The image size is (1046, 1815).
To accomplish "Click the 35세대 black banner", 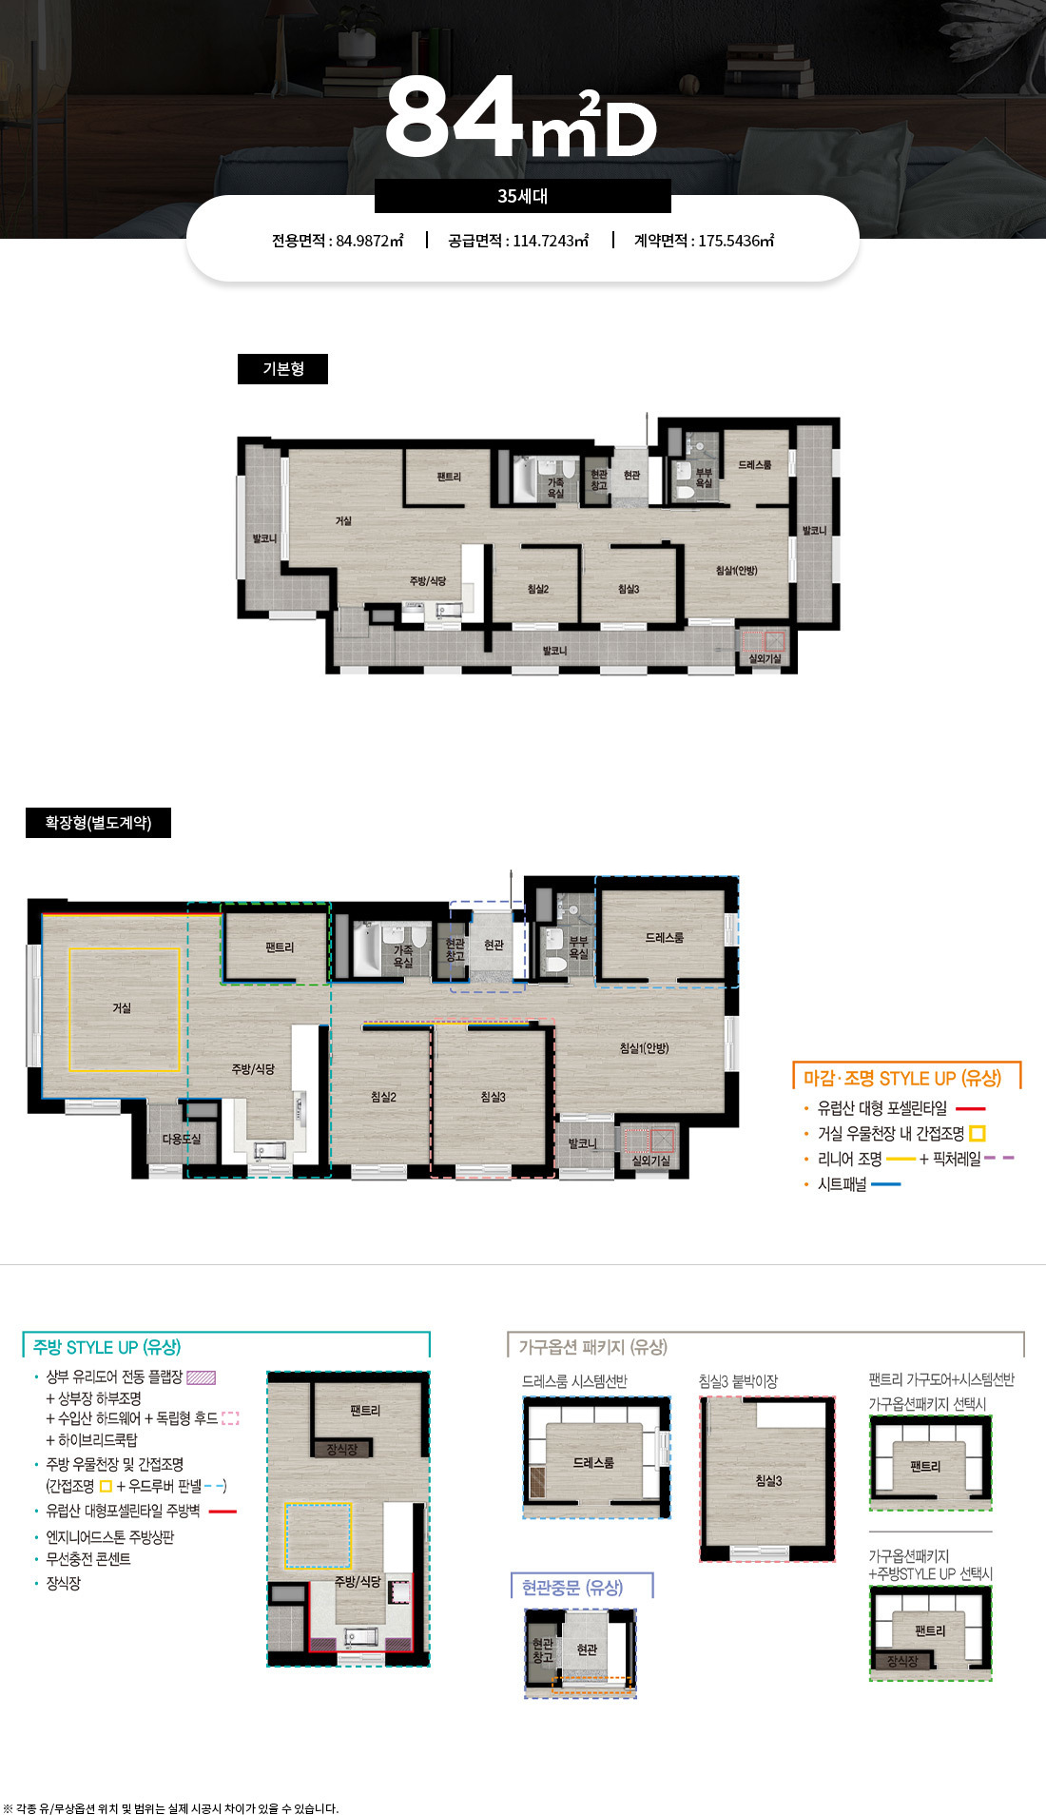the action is click(522, 196).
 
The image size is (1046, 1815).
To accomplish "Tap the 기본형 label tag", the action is click(282, 369).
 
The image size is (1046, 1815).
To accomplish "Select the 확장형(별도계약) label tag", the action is click(98, 823).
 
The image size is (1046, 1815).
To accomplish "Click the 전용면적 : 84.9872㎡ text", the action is click(338, 241).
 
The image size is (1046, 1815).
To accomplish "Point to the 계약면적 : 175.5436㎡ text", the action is click(705, 241).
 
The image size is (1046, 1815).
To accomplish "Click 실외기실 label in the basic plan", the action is click(765, 658).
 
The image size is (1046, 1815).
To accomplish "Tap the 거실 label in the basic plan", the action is click(343, 520).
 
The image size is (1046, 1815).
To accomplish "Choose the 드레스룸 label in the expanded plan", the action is click(664, 937).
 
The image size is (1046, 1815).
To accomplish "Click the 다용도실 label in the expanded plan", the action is click(181, 1139).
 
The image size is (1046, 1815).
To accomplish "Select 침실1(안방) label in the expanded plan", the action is click(644, 1047).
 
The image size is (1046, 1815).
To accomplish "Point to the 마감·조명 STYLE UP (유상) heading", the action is click(902, 1078).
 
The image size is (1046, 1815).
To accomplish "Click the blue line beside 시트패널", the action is click(885, 1184).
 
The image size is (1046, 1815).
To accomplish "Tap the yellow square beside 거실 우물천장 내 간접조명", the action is click(978, 1133).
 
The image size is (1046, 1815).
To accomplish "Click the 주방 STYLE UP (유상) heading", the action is click(107, 1347).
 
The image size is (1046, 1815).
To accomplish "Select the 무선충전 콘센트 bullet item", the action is click(88, 1559).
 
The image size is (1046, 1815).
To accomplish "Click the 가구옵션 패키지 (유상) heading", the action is click(592, 1347).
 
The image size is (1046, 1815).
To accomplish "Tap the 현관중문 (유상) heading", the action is click(572, 1587).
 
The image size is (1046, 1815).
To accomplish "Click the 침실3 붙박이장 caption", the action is click(738, 1381).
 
